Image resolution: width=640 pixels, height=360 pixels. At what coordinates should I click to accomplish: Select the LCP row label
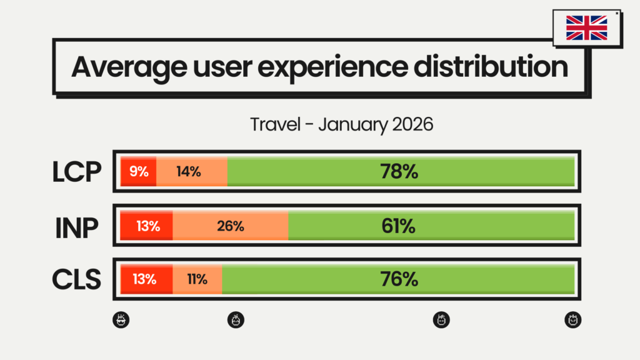click(77, 172)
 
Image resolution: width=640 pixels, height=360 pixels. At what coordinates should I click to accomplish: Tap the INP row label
click(76, 226)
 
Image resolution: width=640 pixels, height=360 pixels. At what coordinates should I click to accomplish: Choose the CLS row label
click(77, 279)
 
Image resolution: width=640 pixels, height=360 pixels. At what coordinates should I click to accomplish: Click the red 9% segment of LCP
click(139, 171)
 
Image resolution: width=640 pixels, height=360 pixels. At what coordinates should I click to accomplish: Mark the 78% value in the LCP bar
click(400, 171)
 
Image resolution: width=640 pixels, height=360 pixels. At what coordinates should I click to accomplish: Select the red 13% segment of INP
click(147, 226)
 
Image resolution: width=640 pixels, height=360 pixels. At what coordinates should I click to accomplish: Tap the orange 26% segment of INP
click(230, 226)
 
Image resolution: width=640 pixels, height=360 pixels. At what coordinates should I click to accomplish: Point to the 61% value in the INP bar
click(399, 226)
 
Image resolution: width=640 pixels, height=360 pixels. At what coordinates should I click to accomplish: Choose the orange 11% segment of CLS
click(197, 279)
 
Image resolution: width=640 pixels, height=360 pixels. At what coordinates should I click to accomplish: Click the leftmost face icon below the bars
click(121, 321)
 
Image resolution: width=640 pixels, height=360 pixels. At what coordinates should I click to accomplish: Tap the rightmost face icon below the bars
click(573, 321)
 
